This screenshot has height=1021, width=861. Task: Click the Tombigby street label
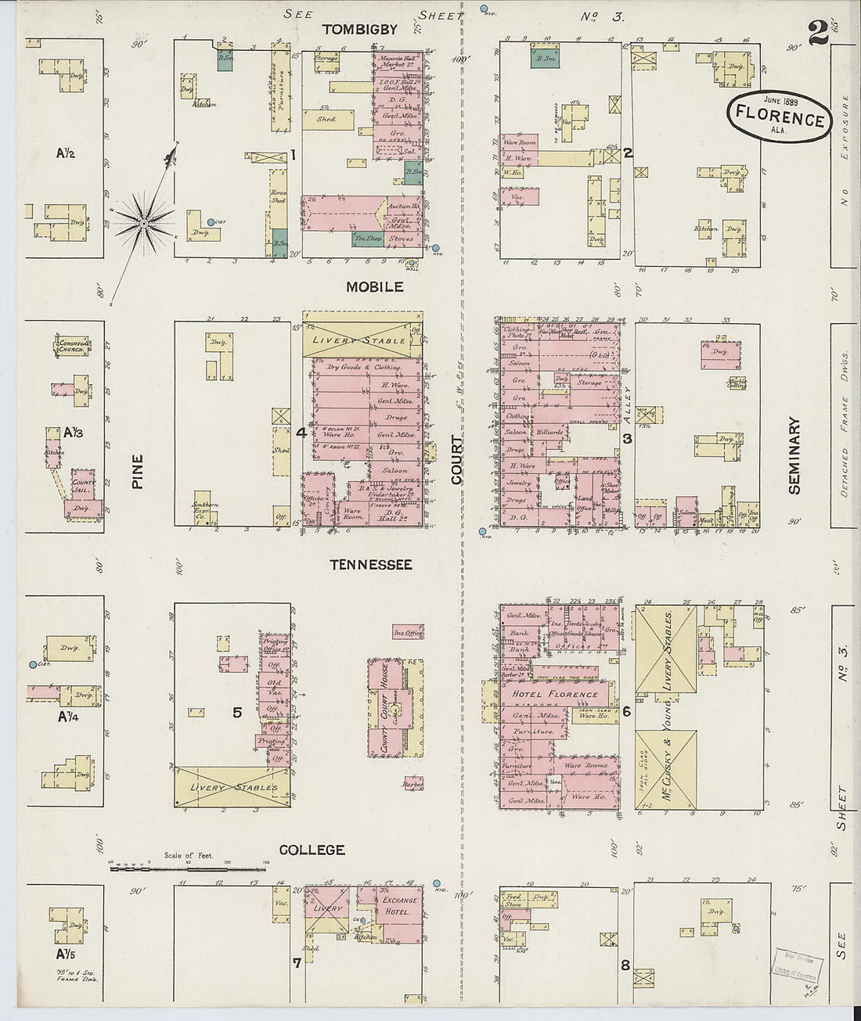pos(360,30)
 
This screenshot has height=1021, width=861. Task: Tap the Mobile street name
pos(374,287)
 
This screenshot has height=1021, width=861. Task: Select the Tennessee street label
pos(370,565)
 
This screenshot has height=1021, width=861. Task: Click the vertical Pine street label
pos(138,473)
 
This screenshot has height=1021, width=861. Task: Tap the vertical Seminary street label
pos(795,455)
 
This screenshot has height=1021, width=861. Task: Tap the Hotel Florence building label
pos(555,694)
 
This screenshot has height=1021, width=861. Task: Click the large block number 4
pos(300,432)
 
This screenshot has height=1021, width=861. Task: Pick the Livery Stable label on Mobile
pos(360,340)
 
